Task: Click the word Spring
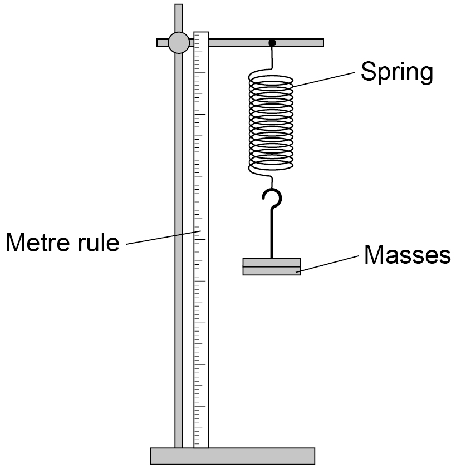pos(397,72)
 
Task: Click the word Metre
pos(37,242)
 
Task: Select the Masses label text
pos(408,255)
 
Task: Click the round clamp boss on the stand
pos(179,43)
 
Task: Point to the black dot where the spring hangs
pos(272,43)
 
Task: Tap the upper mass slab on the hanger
pos(272,262)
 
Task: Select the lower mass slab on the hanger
pos(272,271)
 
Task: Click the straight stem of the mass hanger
pos(272,233)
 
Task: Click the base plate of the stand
pos(232,456)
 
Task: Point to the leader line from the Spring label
pos(323,79)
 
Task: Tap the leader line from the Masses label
pos(327,264)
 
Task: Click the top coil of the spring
pos(271,78)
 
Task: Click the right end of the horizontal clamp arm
pos(323,43)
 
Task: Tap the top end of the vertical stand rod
pos(179,4)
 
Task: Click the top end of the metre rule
pos(201,32)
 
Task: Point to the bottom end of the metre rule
pos(201,447)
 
